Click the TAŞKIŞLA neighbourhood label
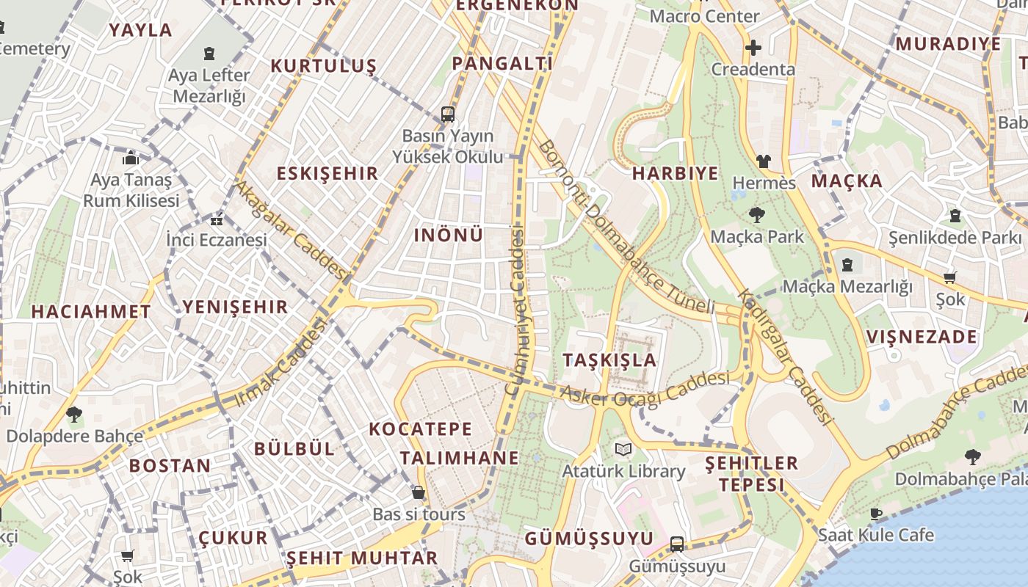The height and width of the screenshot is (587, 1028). (609, 360)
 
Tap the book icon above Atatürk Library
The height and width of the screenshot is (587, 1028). (623, 449)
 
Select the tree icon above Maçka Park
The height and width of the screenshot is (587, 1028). (756, 215)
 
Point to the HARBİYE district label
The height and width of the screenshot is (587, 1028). (676, 173)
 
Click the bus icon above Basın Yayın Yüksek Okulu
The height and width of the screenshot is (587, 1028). (448, 114)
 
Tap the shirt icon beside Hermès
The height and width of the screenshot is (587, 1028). (764, 161)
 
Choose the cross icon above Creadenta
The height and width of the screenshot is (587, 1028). (753, 48)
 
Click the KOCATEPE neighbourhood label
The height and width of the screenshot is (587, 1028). (421, 429)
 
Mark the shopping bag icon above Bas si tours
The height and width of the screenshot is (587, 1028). (419, 492)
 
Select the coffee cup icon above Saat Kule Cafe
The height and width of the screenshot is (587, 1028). (875, 514)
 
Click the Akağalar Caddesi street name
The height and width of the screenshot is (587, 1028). (290, 229)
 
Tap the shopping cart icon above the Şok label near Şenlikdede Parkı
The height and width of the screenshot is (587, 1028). (949, 277)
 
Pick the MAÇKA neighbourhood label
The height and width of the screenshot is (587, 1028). (847, 181)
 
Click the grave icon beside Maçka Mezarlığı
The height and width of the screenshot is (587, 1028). (847, 265)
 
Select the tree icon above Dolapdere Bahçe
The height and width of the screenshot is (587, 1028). (74, 415)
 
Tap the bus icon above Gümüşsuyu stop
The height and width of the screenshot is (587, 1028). (677, 544)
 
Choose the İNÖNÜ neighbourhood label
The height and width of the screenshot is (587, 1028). (449, 235)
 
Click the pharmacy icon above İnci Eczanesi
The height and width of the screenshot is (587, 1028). (217, 219)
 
